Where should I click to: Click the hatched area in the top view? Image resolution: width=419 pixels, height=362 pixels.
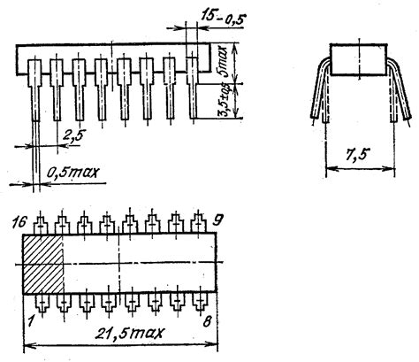pyautogui.click(x=42, y=264)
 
